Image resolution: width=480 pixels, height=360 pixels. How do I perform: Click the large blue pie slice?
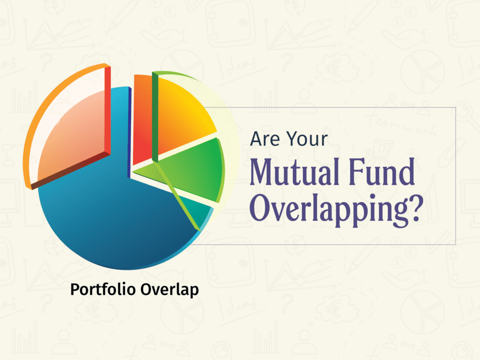pos(110,216)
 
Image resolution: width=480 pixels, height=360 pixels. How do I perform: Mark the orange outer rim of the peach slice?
pos(48,101)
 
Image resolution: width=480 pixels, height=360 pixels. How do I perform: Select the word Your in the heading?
pos(307,140)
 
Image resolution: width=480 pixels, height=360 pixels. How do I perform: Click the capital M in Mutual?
pos(262,175)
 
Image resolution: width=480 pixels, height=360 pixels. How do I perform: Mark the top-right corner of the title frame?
pos(455,108)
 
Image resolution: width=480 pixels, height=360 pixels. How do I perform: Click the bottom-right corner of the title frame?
pos(455,244)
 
